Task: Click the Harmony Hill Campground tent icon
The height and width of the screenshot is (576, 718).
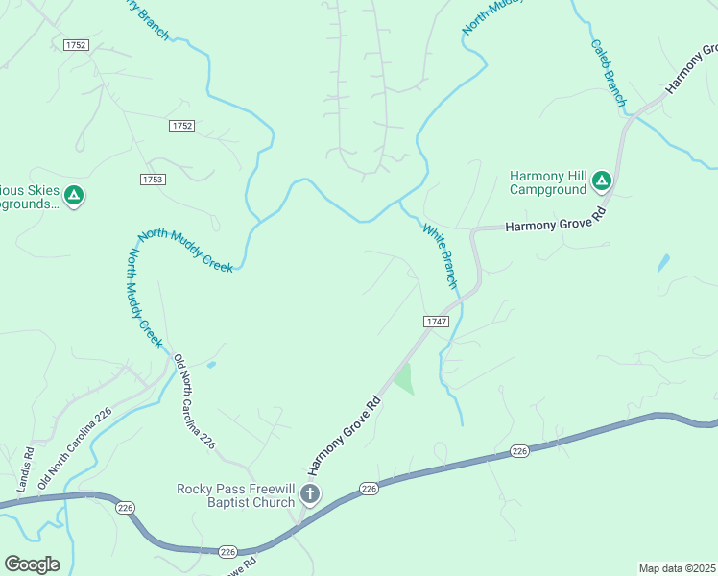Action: (601, 180)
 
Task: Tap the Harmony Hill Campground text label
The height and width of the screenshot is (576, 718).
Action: (548, 182)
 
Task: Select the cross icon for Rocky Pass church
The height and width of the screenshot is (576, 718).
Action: (310, 495)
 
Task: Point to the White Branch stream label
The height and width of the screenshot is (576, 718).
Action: (439, 254)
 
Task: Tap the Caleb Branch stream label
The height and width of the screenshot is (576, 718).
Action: (609, 73)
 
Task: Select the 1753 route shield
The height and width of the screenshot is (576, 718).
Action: (152, 180)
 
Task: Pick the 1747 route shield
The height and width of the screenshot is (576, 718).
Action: (436, 322)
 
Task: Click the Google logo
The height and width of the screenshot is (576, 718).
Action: (32, 564)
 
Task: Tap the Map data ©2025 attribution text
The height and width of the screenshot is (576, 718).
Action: (677, 567)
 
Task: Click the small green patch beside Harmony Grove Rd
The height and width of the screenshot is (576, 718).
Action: (404, 379)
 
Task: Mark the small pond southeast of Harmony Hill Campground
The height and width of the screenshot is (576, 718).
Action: (663, 262)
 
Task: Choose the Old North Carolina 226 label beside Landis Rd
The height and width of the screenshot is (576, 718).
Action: (76, 448)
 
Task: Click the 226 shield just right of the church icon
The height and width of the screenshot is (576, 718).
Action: (370, 490)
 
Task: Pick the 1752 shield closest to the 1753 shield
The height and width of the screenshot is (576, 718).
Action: (180, 126)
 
